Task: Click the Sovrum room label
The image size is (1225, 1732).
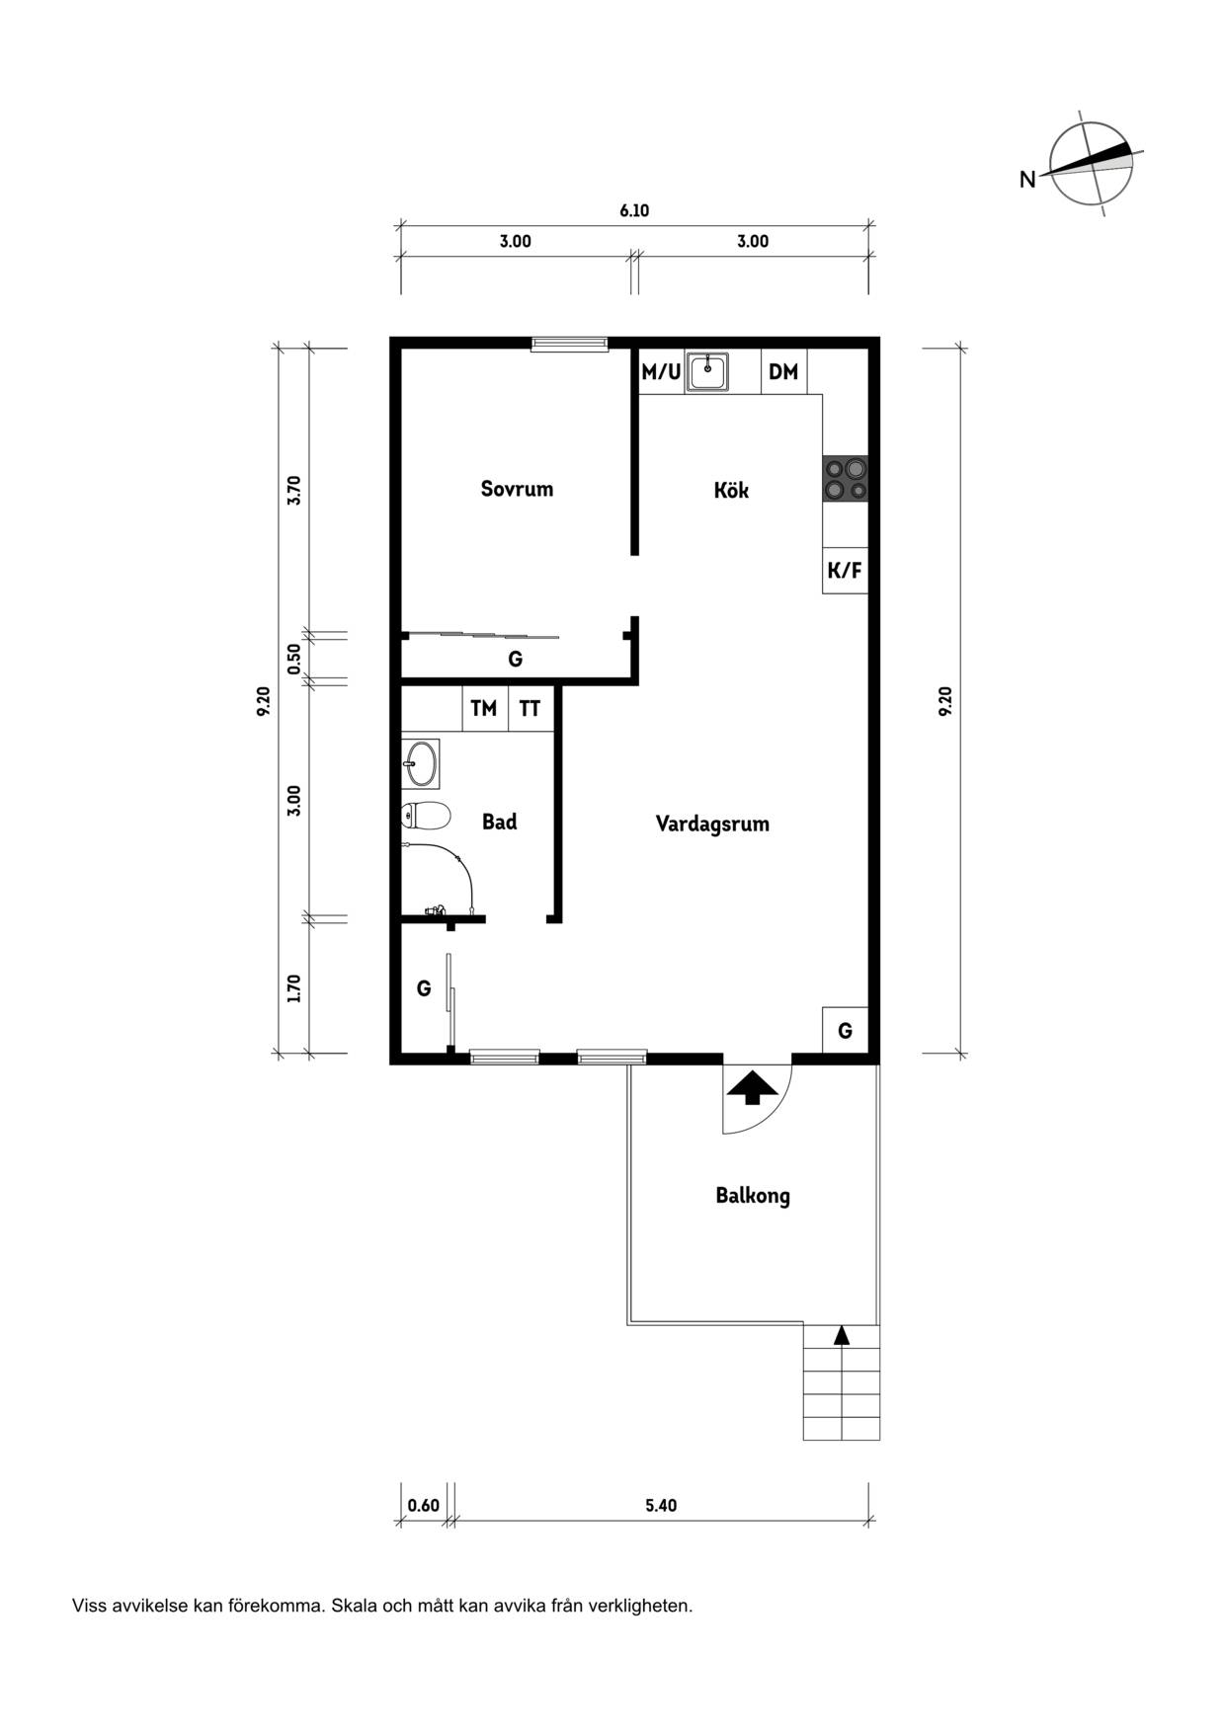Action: point(517,489)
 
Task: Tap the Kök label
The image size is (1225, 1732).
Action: point(731,490)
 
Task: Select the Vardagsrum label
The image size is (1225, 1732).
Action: point(712,825)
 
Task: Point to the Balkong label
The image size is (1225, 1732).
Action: point(753,1196)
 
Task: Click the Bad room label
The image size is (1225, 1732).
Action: point(500,822)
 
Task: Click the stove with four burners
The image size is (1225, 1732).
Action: point(846,479)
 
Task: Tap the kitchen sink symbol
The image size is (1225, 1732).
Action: point(707,372)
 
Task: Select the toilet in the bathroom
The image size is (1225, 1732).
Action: point(426,817)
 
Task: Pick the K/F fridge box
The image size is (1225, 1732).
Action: point(845,571)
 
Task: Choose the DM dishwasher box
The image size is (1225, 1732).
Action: point(783,372)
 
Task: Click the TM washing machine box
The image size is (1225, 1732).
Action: point(484,708)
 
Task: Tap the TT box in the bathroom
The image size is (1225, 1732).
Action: point(531,708)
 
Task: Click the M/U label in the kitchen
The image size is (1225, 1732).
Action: point(661,372)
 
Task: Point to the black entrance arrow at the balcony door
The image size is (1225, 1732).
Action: point(753,1087)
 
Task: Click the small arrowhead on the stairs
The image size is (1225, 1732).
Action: point(842,1335)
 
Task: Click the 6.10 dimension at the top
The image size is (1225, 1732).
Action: point(634,210)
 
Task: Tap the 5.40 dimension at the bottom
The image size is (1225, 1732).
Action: point(661,1505)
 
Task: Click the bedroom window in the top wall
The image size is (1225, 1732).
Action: point(569,344)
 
